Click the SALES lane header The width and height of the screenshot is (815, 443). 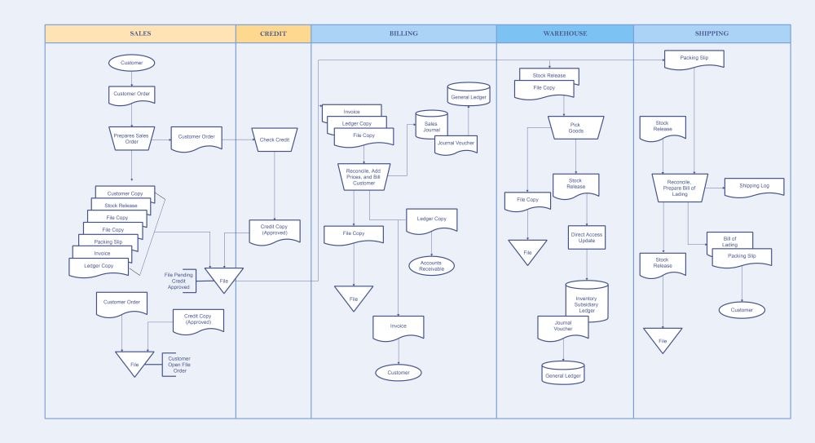pos(140,33)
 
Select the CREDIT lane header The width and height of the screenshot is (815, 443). pos(273,33)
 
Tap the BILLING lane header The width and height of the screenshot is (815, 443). pos(403,33)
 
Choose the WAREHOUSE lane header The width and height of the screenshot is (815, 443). pos(565,33)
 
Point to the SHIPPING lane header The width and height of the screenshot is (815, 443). pos(711,33)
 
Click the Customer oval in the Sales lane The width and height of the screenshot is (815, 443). pos(131,63)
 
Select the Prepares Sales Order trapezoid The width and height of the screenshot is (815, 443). pos(131,138)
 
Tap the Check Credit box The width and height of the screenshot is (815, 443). pos(274,140)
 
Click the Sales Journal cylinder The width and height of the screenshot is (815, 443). pos(431,126)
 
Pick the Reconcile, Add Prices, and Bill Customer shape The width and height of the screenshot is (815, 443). pos(364,176)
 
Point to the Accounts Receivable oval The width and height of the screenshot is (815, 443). pos(431,265)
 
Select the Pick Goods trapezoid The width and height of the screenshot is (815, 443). pos(575,127)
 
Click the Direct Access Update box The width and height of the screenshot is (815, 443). pos(586,238)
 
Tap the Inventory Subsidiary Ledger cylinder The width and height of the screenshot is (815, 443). pos(586,301)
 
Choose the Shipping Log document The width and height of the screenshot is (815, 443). pos(754,186)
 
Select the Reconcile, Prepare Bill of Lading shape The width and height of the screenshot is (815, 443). pos(680,188)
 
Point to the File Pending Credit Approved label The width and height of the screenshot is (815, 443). pos(178,281)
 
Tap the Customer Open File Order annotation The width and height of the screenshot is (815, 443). pos(178,364)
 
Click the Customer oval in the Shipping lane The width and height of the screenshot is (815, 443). pos(742,310)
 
